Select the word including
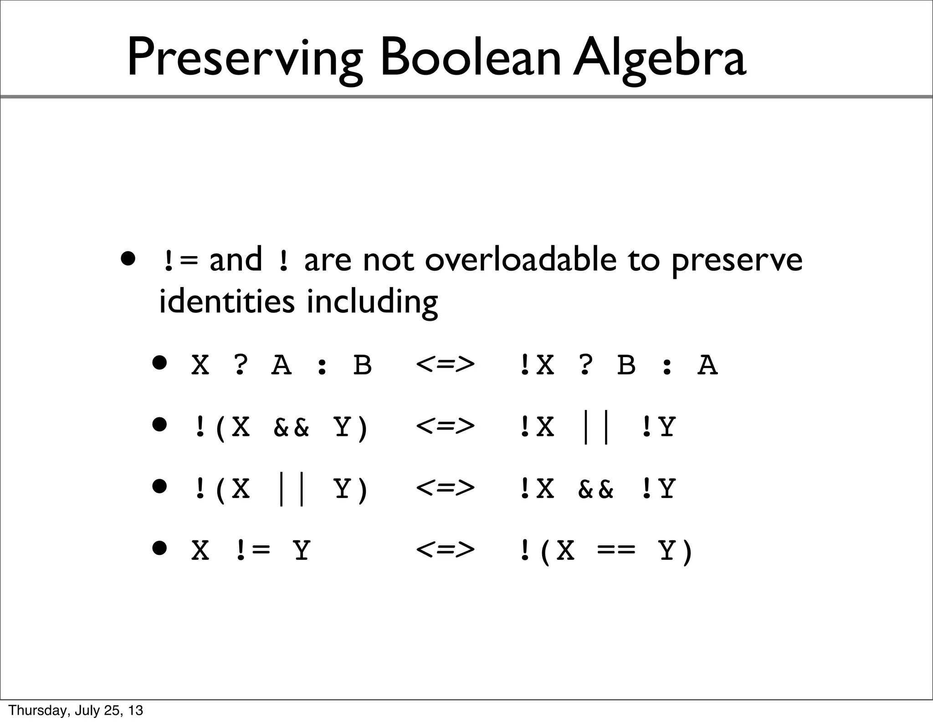point(372,302)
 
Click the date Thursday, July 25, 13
point(76,710)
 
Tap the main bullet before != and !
point(128,259)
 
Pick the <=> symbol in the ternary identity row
point(445,365)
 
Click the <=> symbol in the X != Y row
point(445,550)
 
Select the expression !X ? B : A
point(618,365)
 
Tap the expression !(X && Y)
point(280,427)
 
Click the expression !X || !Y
point(597,427)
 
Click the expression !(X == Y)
point(605,551)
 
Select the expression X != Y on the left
point(251,550)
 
